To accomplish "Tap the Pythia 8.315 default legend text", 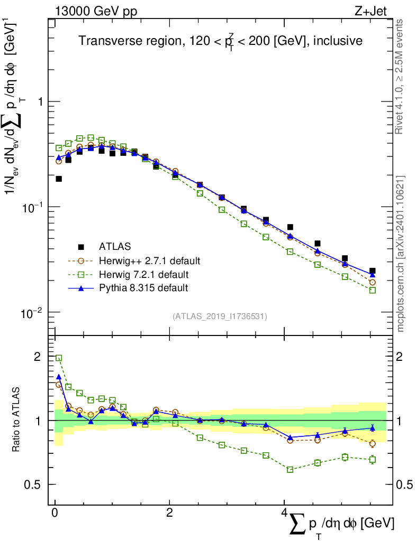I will click(143, 288).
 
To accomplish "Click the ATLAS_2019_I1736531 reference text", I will click(220, 316).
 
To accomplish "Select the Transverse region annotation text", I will click(220, 41).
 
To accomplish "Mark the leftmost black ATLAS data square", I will click(59, 179).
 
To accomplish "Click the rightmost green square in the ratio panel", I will click(373, 460).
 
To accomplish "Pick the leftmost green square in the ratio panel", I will click(59, 358).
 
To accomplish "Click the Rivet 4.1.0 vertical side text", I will click(400, 77).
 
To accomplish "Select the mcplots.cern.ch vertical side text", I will click(401, 254).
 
